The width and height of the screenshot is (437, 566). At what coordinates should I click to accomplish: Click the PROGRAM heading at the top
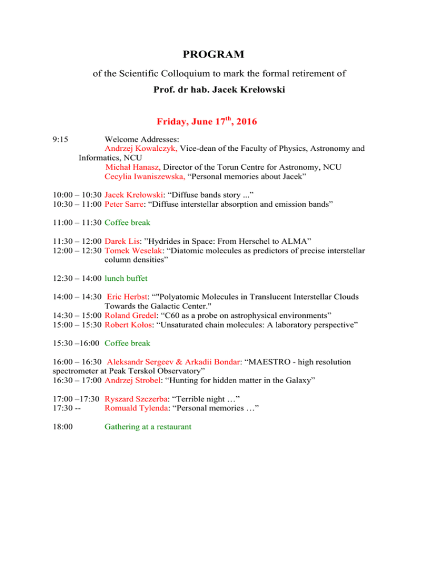click(213, 55)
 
